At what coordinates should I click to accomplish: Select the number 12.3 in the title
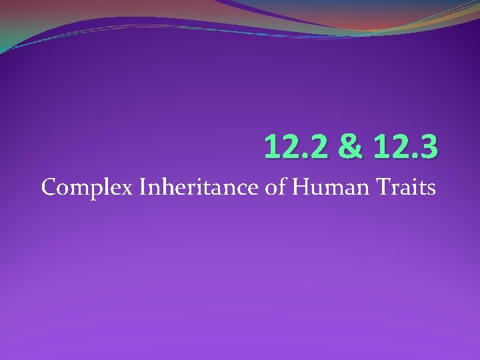(x=406, y=146)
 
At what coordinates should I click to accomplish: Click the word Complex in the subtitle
(x=87, y=189)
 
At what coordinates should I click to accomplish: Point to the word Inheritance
(x=199, y=187)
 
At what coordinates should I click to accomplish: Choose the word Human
(x=325, y=187)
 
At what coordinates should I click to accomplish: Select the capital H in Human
(x=299, y=187)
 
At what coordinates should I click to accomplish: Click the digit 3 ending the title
(x=429, y=146)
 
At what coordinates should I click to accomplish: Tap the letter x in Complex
(x=128, y=190)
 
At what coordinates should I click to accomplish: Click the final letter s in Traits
(x=431, y=190)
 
